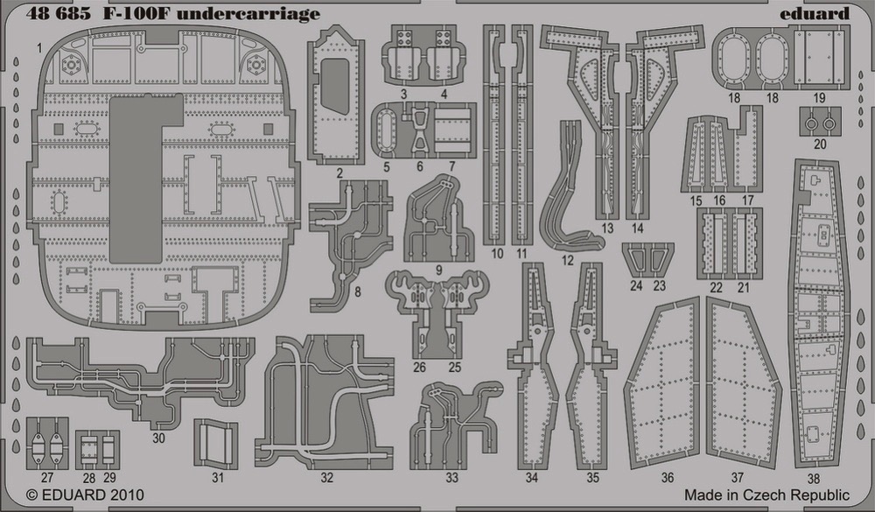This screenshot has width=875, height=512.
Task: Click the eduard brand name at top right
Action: [x=814, y=13]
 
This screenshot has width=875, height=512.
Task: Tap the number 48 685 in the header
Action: [x=58, y=13]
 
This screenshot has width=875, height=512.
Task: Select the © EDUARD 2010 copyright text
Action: [x=85, y=494]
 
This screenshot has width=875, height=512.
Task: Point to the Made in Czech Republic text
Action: [x=766, y=494]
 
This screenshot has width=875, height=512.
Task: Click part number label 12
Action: [x=568, y=260]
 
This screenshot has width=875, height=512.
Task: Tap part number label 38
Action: [x=814, y=479]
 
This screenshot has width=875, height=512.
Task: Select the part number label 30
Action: [x=158, y=438]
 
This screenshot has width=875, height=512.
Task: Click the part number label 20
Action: [x=820, y=144]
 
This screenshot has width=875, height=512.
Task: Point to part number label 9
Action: [x=439, y=270]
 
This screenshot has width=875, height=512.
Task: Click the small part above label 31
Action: [x=215, y=443]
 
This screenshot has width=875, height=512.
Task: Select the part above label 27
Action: [x=47, y=443]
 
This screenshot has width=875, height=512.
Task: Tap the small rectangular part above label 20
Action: [x=820, y=121]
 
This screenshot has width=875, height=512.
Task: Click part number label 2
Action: [x=339, y=173]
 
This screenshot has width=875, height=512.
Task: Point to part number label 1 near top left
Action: [x=39, y=49]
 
